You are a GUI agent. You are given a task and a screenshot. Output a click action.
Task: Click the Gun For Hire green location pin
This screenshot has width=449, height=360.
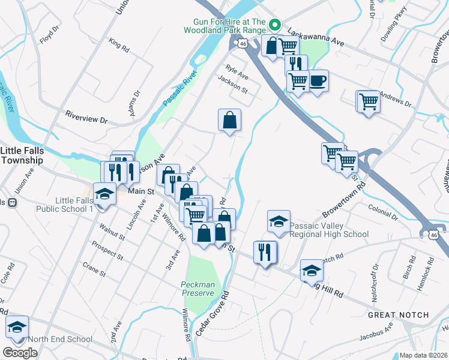276,25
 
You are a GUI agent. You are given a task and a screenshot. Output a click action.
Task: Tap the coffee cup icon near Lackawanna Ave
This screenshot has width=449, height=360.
318,80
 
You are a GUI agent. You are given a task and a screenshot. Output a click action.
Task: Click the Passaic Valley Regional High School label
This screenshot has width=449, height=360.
329,230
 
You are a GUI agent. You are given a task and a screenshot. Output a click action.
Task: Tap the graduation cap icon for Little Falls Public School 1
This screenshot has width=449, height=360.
104,194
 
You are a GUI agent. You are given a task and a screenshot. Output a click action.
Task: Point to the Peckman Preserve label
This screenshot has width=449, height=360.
197,289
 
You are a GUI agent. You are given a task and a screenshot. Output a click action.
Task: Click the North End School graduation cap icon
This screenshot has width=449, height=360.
17,327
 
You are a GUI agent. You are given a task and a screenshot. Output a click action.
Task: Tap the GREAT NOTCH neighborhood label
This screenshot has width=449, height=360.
399,315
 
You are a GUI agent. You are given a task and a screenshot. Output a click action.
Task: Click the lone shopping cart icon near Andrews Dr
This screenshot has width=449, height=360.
368,101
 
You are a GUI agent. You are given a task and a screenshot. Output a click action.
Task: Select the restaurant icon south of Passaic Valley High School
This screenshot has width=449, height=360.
265,251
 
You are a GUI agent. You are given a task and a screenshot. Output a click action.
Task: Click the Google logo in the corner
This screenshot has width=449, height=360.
20,353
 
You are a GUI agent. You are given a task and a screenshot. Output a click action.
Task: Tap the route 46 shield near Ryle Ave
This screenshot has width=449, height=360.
243,44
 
